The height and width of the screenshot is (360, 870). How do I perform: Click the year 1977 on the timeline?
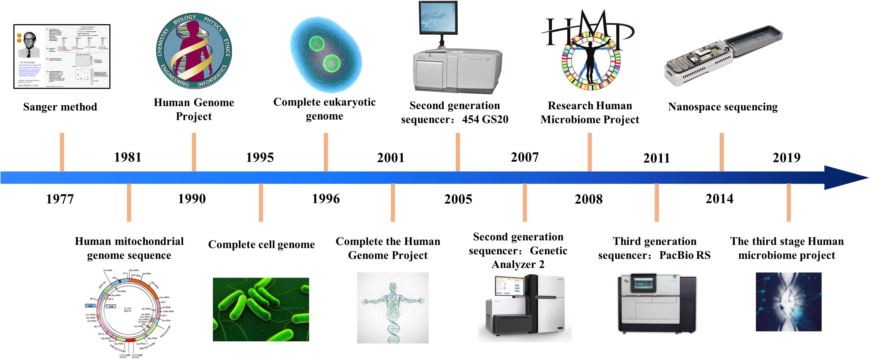tap(60, 199)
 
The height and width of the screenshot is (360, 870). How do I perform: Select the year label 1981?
tap(128, 157)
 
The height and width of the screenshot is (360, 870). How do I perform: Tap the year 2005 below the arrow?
tap(458, 199)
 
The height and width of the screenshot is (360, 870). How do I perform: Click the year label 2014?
tap(719, 199)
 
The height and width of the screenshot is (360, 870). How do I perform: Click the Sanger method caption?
tap(60, 107)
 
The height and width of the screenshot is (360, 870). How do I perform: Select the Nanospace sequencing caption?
tap(723, 107)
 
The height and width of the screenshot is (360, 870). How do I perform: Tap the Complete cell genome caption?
tap(262, 244)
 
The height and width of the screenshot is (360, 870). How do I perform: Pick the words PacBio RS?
tap(685, 255)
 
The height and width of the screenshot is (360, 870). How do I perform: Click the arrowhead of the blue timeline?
tap(844, 178)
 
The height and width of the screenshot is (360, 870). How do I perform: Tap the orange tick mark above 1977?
tap(62, 152)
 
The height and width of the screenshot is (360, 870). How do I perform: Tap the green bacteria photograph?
tap(261, 309)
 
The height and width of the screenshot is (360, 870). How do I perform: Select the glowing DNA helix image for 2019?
tap(788, 302)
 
